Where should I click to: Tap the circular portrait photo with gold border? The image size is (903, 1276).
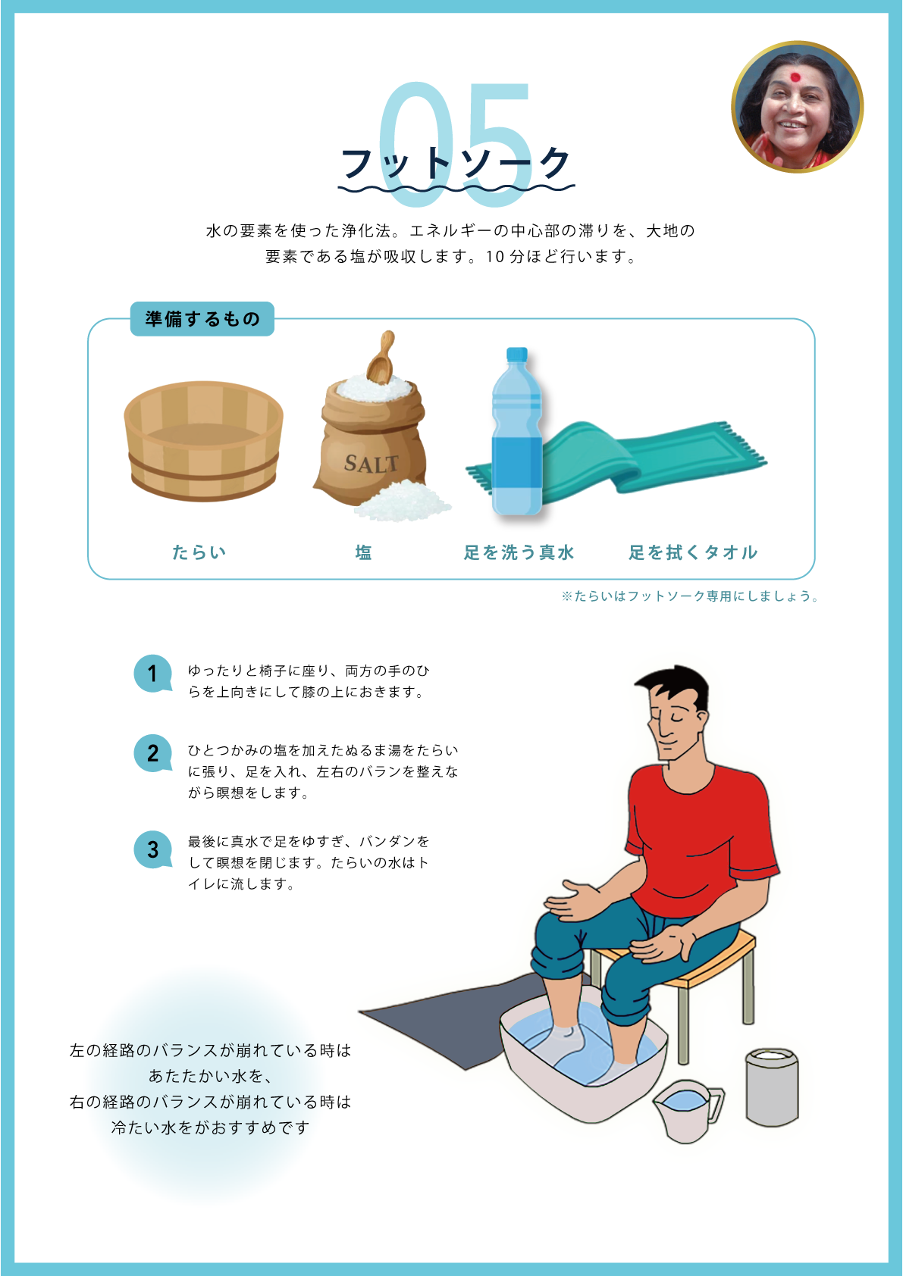[x=797, y=107]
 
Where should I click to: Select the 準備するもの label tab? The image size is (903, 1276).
[x=202, y=319]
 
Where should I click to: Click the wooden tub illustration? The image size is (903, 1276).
[x=203, y=441]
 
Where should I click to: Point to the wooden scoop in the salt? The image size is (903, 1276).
[x=381, y=357]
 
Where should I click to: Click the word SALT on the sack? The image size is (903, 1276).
[x=371, y=464]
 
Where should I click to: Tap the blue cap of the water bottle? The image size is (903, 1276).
[x=516, y=355]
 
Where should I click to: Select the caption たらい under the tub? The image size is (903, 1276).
[x=199, y=552]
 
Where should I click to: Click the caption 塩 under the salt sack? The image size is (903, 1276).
[x=364, y=552]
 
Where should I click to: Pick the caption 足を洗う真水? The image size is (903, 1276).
[x=519, y=552]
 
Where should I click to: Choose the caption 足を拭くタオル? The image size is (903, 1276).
[x=693, y=552]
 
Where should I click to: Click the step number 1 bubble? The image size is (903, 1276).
[x=153, y=674]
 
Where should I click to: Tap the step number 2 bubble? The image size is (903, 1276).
[x=153, y=753]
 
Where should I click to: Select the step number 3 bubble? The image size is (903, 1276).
[x=153, y=849]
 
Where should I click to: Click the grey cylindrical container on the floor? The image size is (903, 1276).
[x=772, y=1087]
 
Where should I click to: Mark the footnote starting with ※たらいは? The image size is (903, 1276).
[x=690, y=596]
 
